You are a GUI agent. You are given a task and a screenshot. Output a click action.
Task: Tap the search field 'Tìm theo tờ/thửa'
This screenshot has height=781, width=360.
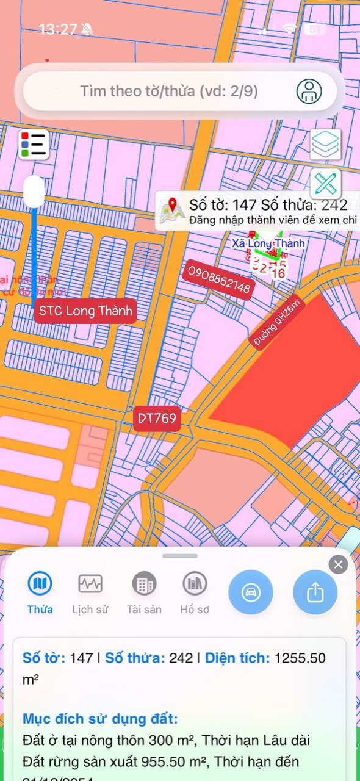tap(169, 92)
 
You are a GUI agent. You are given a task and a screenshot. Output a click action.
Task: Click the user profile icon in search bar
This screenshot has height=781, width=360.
tap(309, 91)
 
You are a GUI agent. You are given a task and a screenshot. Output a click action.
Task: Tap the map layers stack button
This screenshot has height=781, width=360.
tap(326, 144)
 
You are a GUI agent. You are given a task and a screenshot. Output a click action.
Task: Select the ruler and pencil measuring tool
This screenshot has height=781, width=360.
tap(326, 183)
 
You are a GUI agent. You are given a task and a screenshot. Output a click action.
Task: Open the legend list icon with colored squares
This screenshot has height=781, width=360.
tap(33, 145)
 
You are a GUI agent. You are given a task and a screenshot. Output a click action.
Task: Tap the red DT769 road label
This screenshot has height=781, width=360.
tap(157, 419)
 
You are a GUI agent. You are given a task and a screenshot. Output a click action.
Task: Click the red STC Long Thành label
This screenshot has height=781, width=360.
tap(85, 311)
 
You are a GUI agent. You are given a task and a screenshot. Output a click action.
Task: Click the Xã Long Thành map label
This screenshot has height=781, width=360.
tap(268, 243)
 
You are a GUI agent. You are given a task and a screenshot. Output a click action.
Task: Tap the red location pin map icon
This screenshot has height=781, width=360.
tap(172, 211)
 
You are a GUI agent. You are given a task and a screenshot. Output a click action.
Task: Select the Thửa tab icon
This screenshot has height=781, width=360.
tap(40, 585)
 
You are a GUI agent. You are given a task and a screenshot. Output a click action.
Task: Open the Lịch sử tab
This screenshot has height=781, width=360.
tap(90, 585)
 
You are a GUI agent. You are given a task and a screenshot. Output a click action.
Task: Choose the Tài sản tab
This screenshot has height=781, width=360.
tap(144, 585)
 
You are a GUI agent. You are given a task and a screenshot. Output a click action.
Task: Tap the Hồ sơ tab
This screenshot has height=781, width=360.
tap(195, 585)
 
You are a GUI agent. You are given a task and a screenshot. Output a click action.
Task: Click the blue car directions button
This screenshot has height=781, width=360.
tap(250, 592)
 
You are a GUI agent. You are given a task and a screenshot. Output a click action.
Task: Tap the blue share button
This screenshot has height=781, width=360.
tap(315, 592)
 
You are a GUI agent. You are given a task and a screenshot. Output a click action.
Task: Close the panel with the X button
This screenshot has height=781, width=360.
tap(338, 564)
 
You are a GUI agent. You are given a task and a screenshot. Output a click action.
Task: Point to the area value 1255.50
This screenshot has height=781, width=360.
tap(300, 658)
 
